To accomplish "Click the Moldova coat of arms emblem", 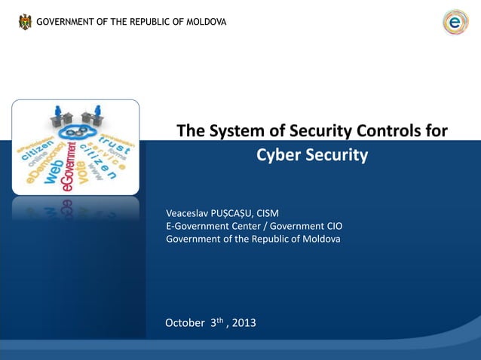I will tap(26, 22).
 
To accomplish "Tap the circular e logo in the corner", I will tap(455, 22).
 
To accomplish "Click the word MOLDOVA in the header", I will tap(203, 22).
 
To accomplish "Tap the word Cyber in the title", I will tap(278, 156).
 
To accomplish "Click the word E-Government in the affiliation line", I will tap(196, 226).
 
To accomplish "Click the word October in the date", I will tap(185, 323).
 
